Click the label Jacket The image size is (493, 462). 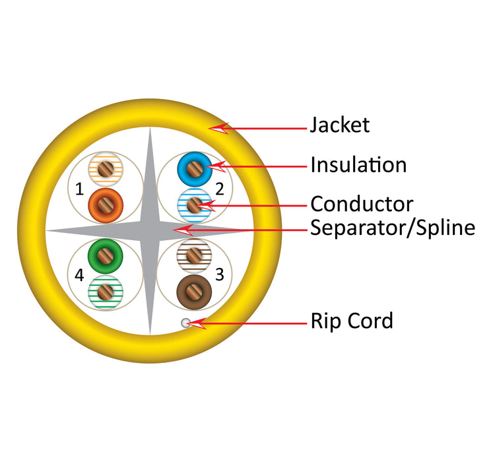click(x=340, y=125)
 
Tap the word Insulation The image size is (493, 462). click(x=358, y=164)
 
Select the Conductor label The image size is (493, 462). click(x=362, y=204)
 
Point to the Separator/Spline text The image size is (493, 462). click(x=393, y=228)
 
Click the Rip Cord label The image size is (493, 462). click(x=352, y=321)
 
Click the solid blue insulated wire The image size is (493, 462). click(x=194, y=168)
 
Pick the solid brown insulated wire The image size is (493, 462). click(x=194, y=291)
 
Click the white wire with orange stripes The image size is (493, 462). click(x=106, y=170)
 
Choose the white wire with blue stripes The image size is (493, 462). click(x=194, y=205)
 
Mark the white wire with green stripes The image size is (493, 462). click(x=105, y=291)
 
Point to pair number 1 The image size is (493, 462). click(x=79, y=190)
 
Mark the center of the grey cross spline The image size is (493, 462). click(x=150, y=231)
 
